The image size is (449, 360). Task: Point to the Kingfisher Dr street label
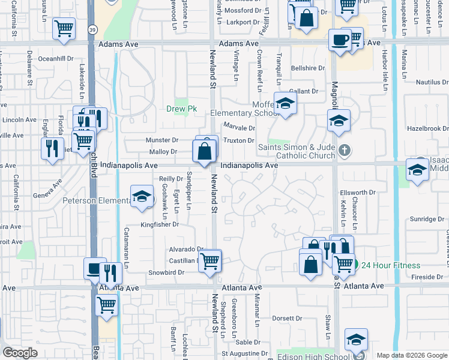pyautogui.click(x=160, y=224)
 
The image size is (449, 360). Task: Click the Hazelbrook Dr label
pyautogui.click(x=427, y=128)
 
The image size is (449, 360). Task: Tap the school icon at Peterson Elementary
pyautogui.click(x=142, y=197)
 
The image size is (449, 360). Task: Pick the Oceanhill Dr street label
pyautogui.click(x=55, y=59)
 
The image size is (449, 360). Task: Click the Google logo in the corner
pyautogui.click(x=20, y=353)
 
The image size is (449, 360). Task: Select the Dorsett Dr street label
pyautogui.click(x=286, y=318)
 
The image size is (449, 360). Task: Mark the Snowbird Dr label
pyautogui.click(x=165, y=272)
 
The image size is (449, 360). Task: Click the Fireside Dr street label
pyautogui.click(x=427, y=277)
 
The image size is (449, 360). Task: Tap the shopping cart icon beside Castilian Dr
pyautogui.click(x=209, y=261)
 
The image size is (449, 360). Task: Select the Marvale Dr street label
pyautogui.click(x=240, y=127)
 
